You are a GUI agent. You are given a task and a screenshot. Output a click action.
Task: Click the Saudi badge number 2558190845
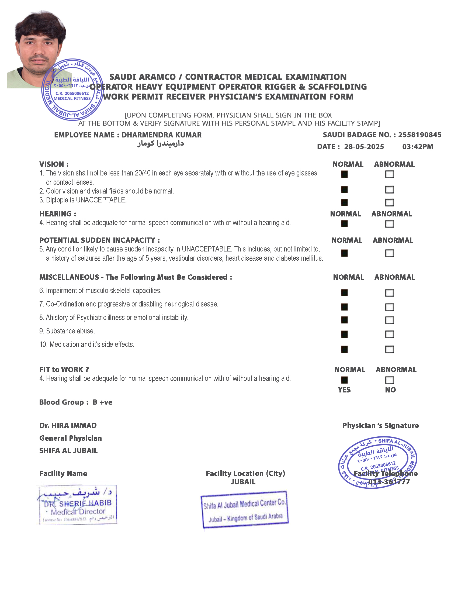[x=419, y=135]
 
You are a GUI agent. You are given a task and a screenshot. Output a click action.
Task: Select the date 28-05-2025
[x=364, y=147]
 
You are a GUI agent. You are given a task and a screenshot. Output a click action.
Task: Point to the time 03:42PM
[x=418, y=147]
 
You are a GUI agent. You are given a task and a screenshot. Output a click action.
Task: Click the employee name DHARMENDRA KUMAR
[x=161, y=135]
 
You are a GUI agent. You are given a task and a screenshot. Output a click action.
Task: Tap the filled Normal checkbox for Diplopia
[x=344, y=202]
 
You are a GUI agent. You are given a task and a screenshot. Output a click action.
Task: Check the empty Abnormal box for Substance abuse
[x=389, y=335]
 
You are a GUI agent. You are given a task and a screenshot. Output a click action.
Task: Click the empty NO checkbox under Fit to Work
[x=389, y=380]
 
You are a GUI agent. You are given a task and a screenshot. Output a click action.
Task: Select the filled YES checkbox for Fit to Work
[x=344, y=380]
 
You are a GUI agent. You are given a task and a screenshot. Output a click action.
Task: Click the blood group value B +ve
[x=102, y=402]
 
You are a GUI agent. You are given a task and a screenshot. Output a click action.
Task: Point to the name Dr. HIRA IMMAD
[x=68, y=425]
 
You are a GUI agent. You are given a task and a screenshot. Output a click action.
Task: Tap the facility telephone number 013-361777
[x=389, y=482]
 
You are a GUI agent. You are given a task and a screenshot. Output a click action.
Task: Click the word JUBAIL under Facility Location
[x=243, y=482]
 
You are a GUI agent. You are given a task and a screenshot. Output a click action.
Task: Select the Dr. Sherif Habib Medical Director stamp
[x=77, y=505]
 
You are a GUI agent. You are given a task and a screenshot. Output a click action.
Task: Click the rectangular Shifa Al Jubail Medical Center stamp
[x=244, y=510]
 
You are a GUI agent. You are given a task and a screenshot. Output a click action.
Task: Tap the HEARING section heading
[x=58, y=214]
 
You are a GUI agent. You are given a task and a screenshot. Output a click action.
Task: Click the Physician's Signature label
[x=380, y=425]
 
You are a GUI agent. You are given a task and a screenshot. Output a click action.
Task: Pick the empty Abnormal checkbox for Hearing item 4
[x=389, y=224]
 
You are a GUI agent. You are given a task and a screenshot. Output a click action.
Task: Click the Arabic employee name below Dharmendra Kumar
[x=161, y=143]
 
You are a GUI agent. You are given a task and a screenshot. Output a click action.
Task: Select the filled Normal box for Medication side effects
[x=344, y=349]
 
